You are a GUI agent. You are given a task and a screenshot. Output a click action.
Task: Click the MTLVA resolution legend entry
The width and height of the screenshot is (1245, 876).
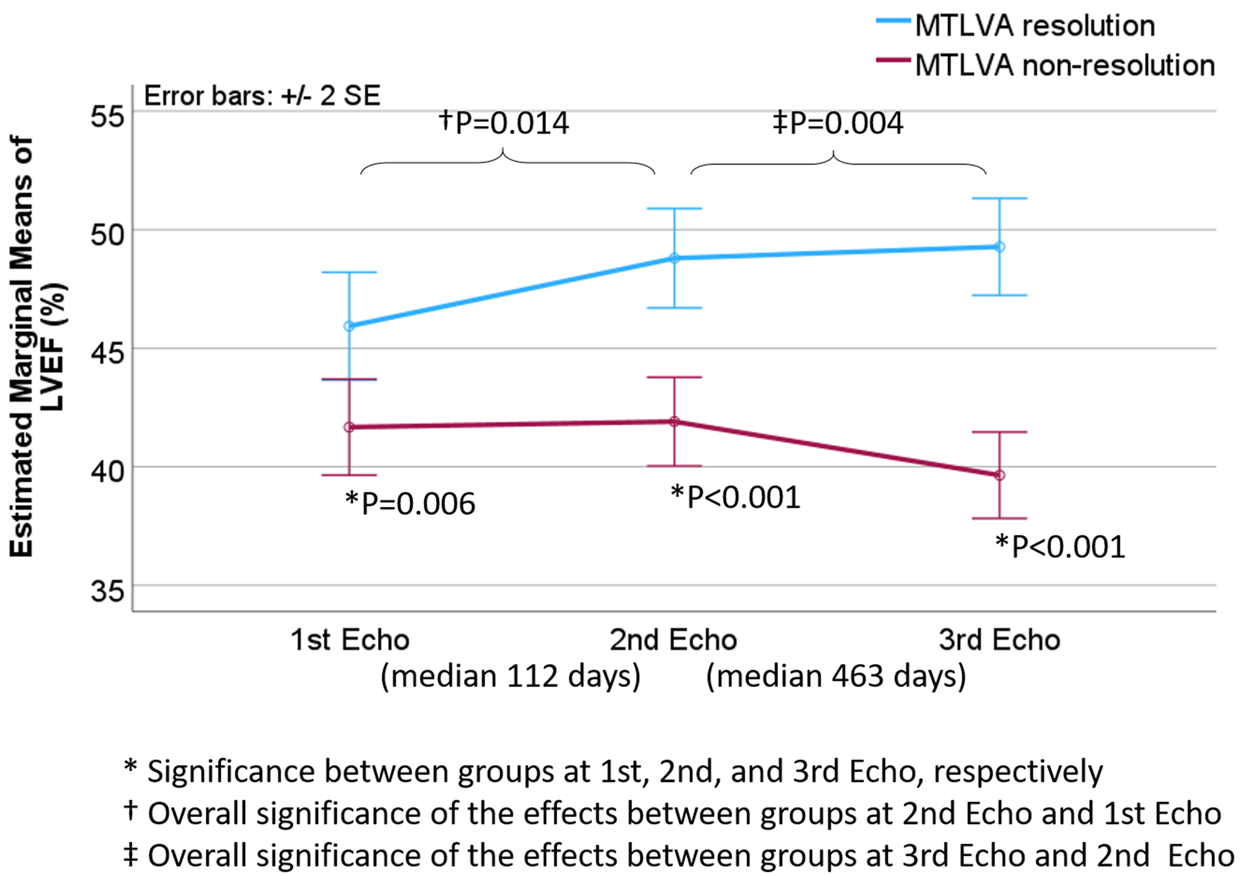(x=1034, y=26)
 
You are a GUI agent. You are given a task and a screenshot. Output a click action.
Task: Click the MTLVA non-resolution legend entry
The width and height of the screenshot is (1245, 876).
(x=1064, y=66)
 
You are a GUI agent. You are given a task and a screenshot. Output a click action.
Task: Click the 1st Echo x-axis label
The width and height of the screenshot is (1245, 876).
(x=350, y=640)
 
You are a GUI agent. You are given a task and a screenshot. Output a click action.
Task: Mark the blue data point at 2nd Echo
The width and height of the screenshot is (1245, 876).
(x=674, y=258)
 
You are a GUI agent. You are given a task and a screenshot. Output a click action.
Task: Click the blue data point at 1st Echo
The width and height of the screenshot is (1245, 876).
(x=350, y=326)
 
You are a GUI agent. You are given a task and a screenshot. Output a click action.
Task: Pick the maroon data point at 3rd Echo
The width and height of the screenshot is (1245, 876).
(x=999, y=476)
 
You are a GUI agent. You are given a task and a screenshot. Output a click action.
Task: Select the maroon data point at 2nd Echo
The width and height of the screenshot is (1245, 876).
(x=674, y=421)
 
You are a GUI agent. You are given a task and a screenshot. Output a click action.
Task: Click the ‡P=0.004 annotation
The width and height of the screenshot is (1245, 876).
(x=838, y=123)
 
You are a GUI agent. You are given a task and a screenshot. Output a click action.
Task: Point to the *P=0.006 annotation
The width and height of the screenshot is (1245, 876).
(x=410, y=504)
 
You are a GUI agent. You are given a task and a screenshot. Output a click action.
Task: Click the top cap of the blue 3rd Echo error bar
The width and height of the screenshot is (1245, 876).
(x=999, y=199)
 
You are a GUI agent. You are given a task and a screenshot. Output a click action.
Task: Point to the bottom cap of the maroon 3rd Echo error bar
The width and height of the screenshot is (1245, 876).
(x=999, y=518)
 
